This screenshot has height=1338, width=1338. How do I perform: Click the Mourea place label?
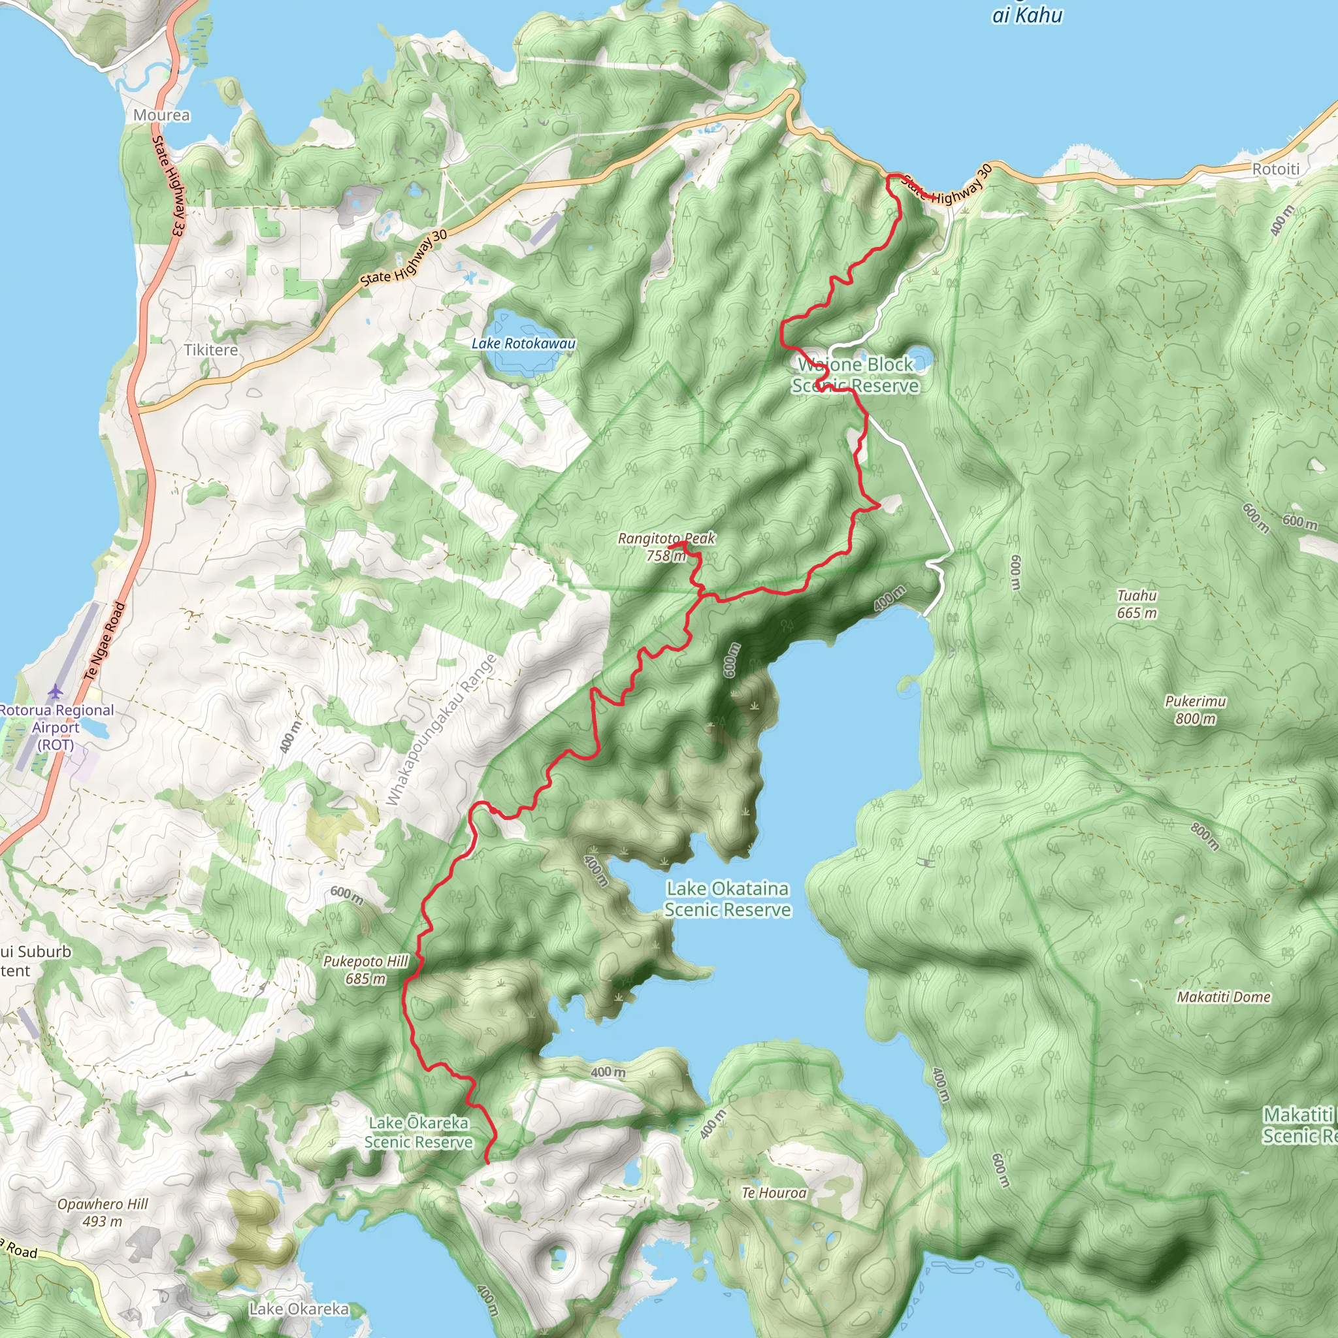point(161,115)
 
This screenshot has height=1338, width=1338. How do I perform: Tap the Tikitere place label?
point(210,350)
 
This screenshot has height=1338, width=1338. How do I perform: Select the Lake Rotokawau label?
point(523,344)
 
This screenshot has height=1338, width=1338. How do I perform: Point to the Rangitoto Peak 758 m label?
point(666,546)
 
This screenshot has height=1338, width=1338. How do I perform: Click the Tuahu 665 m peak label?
point(1137,604)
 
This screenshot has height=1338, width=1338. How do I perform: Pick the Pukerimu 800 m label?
point(1196,710)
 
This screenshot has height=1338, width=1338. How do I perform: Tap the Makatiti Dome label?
point(1224,996)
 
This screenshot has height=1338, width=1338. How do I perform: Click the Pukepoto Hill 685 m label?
point(366,970)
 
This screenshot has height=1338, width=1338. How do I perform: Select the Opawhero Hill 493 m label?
point(103,1213)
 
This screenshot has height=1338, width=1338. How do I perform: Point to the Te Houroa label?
point(774,1192)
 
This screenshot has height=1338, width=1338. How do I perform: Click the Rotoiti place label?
point(1276,169)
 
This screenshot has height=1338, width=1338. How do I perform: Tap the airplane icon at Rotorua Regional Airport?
point(56,691)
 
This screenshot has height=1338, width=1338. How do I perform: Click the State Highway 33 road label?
point(169,187)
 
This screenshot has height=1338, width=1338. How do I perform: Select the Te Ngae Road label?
point(105,641)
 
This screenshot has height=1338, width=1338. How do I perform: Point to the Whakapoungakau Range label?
point(441,730)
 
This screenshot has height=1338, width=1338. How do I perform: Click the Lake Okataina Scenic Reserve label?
point(727,899)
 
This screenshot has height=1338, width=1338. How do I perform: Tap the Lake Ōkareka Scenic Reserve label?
point(418,1132)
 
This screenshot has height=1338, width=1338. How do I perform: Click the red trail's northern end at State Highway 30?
point(889,176)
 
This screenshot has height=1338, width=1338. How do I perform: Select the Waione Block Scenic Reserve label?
point(855,374)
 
